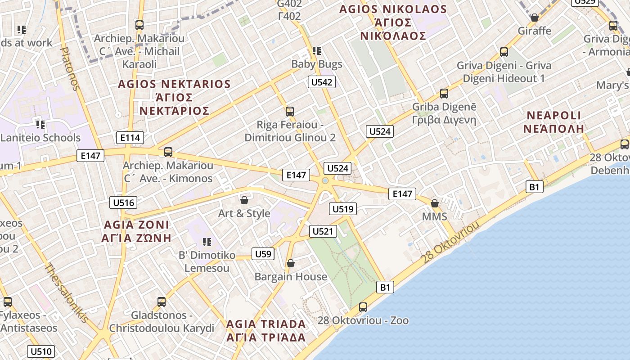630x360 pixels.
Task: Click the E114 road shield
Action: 130,138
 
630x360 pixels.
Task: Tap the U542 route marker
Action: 322,82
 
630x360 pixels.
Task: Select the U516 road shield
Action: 123,202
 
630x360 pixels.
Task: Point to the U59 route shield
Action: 263,254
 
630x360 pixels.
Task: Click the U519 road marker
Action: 343,209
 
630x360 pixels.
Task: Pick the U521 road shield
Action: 323,231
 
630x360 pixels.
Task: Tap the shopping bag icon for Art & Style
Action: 244,200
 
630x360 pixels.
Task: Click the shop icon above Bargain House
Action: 291,263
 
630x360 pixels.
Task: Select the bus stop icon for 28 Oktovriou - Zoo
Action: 363,307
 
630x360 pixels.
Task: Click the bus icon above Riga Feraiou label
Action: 290,111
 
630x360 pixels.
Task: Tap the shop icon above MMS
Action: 434,203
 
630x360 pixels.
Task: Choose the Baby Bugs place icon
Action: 317,51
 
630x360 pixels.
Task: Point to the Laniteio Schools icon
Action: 40,124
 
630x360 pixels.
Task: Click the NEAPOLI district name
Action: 553,122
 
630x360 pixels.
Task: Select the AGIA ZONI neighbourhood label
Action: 136,231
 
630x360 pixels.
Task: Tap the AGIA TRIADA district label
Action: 265,330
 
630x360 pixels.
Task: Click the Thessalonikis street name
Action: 66,292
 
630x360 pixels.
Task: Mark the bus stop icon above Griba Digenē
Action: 444,94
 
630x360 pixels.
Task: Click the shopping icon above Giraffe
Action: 534,18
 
